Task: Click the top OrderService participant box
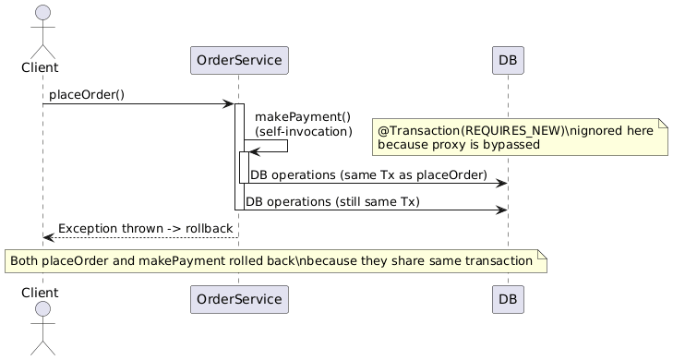point(239,60)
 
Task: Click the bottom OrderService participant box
point(239,300)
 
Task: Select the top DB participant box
point(507,60)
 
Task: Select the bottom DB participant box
point(507,300)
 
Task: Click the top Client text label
point(42,67)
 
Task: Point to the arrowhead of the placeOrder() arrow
point(228,104)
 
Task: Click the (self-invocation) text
point(302,132)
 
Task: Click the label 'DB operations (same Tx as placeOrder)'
point(368,174)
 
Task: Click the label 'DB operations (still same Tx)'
point(332,202)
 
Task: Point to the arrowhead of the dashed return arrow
point(48,238)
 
